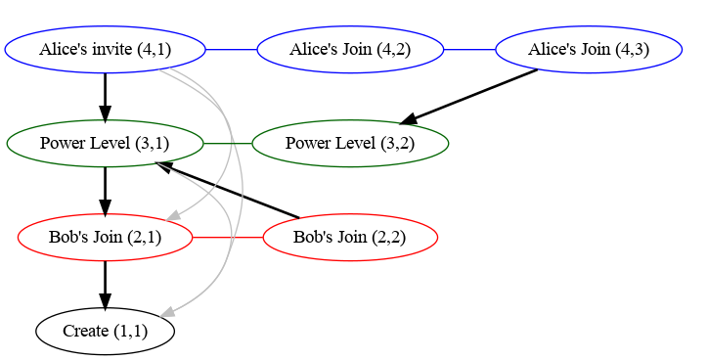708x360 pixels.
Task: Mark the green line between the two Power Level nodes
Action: pos(228,144)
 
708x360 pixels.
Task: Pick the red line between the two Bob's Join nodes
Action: pos(228,237)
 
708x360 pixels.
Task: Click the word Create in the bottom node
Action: pos(84,331)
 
